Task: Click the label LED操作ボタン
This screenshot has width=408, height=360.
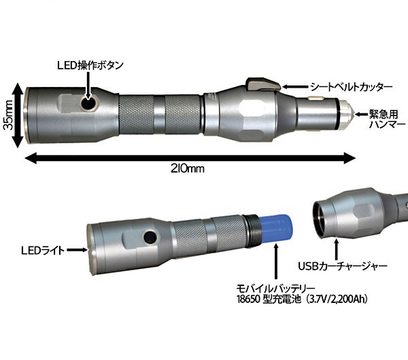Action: (90, 65)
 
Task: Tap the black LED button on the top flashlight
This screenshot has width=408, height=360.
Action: (88, 105)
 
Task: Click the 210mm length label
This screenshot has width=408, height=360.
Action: (188, 169)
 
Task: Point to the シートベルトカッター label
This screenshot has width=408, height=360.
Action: (351, 87)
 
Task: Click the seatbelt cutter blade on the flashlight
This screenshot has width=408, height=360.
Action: (262, 84)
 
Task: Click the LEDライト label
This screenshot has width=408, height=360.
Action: (43, 251)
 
